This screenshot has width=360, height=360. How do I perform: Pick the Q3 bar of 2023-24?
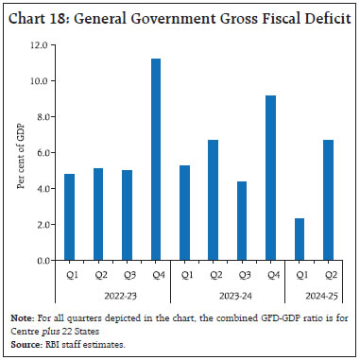tap(241, 220)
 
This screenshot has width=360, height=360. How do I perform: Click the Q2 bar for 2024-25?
tap(327, 199)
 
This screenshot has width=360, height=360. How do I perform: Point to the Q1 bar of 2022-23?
tap(69, 216)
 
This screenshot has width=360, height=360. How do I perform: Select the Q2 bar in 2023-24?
tap(213, 199)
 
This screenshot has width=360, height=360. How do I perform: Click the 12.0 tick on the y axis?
tap(39, 44)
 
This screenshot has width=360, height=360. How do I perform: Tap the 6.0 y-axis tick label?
tap(41, 152)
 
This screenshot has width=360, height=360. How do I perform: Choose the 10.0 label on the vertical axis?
tap(39, 80)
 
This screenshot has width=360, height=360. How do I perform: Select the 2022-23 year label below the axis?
tap(111, 294)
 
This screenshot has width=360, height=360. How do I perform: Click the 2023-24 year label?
tap(227, 294)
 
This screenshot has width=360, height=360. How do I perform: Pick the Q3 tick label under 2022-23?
tap(127, 278)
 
